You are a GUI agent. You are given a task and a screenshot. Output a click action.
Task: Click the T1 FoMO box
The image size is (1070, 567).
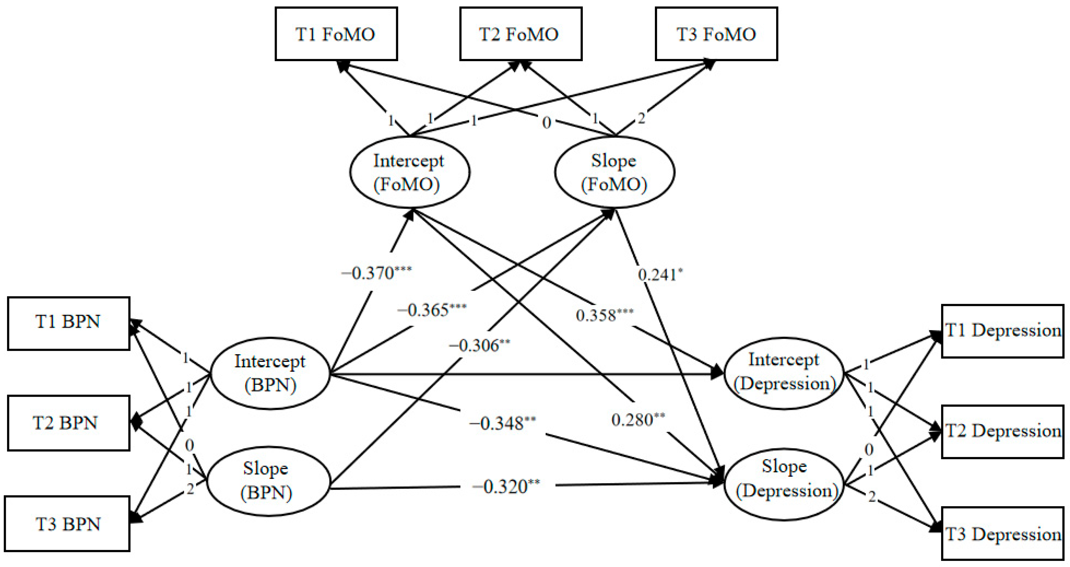tap(336, 34)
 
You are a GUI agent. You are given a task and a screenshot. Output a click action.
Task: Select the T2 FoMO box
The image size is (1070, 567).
tap(520, 34)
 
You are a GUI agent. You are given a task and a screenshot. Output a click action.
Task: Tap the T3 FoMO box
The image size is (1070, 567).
tap(716, 34)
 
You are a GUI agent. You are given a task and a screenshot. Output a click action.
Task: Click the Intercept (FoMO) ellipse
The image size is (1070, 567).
tap(410, 172)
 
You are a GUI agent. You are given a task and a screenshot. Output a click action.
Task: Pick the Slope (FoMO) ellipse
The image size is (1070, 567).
tap(614, 172)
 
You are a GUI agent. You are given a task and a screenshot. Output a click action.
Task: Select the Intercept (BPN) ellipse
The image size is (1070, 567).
tap(270, 373)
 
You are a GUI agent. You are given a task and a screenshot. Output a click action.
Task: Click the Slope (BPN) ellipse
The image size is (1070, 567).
tap(268, 481)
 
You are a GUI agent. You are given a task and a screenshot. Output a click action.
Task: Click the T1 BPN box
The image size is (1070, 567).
tap(68, 323)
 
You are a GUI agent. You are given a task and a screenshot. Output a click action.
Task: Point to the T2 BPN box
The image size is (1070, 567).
tap(68, 423)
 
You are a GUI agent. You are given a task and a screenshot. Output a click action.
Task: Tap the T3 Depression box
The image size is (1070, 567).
tap(1002, 533)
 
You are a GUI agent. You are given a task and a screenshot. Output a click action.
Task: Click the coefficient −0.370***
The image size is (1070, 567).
tap(376, 273)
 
